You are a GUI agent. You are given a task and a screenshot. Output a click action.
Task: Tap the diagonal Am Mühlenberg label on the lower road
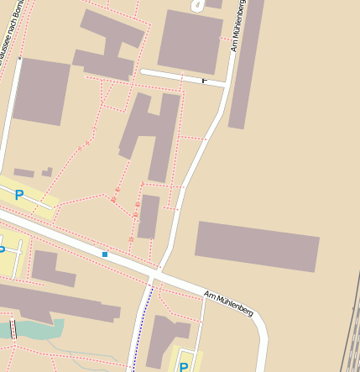pos(228,302)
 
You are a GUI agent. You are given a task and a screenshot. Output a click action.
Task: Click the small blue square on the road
pos(105,254)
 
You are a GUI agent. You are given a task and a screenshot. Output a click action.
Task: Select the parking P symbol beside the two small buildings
pos(18,195)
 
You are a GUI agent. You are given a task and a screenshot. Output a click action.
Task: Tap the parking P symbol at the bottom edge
pos(183,366)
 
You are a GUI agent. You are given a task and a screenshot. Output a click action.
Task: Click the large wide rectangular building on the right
pos(257,246)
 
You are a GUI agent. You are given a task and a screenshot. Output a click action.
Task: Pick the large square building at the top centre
pos(190,40)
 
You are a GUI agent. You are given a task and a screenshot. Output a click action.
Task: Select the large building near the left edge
pos(40,91)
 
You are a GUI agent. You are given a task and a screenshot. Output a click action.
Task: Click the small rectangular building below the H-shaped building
pos(149,217)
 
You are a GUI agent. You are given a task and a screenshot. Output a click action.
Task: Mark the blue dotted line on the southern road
pos(143,327)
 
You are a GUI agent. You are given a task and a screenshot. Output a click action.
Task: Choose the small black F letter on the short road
pos(204,81)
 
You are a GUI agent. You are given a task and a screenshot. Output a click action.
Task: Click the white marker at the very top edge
pos(198,5)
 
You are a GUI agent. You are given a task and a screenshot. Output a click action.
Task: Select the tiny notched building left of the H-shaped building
pos(47,172)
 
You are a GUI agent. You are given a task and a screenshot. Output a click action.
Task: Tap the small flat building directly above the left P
pos(23,173)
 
